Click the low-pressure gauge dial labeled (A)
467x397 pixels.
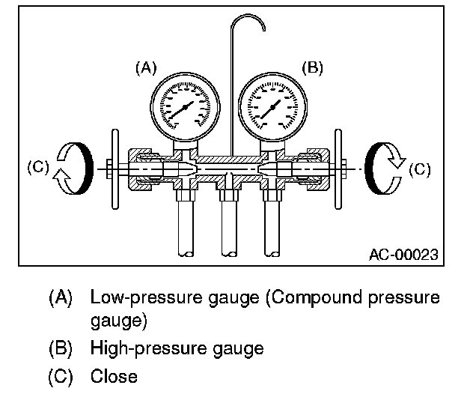(x=186, y=107)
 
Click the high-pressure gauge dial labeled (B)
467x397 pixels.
(x=272, y=107)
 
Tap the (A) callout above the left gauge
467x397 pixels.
(x=144, y=68)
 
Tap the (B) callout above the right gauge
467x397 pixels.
(x=311, y=68)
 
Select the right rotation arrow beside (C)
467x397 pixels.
(x=385, y=169)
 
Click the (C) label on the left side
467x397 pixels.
(x=37, y=169)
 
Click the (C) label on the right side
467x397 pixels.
(x=421, y=170)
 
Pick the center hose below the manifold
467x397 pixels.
(x=229, y=232)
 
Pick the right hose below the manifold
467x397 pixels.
(x=272, y=232)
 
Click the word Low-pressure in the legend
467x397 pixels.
(x=134, y=297)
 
